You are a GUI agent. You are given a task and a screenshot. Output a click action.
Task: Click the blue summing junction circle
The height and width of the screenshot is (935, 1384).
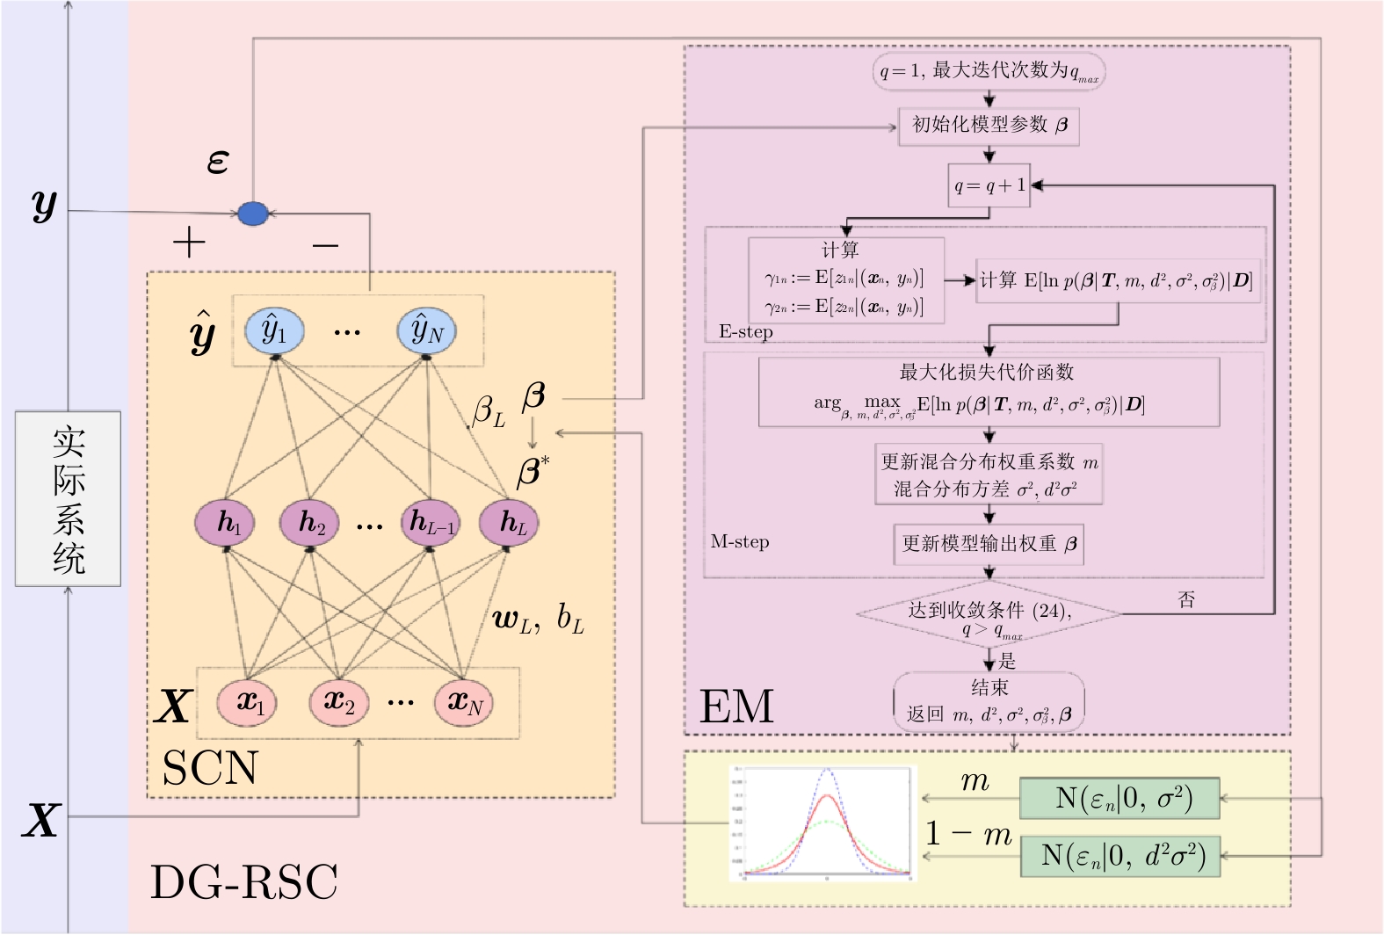(x=253, y=214)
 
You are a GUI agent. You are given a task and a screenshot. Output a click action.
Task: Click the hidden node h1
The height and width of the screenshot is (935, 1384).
(x=225, y=523)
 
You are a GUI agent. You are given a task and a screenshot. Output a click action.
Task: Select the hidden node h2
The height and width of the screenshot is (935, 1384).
(x=308, y=523)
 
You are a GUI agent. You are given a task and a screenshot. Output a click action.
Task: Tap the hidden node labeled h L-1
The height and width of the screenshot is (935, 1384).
(x=431, y=523)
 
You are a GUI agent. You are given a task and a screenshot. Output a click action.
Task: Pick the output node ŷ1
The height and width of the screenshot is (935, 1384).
(x=275, y=331)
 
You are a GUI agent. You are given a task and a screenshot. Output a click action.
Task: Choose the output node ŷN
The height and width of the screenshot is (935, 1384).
(x=427, y=331)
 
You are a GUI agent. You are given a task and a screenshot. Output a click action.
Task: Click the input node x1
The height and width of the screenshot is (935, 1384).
(x=247, y=703)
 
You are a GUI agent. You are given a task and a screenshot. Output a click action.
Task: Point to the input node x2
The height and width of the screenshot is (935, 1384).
(x=338, y=703)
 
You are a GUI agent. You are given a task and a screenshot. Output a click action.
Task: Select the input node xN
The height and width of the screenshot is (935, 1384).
(x=464, y=703)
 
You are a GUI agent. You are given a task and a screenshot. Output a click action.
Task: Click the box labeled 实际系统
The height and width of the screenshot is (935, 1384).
(x=68, y=498)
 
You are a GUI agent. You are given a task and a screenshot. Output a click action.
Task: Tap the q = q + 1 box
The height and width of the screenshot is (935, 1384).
(x=989, y=185)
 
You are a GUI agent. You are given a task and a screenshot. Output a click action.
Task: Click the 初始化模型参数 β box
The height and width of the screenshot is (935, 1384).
(x=989, y=126)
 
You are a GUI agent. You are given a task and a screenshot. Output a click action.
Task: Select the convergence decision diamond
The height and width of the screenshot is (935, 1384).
(x=989, y=614)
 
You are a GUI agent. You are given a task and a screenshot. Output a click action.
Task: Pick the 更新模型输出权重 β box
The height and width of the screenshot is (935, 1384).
(x=989, y=544)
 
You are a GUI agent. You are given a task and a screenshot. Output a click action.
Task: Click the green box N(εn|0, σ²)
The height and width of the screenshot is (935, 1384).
(x=1120, y=799)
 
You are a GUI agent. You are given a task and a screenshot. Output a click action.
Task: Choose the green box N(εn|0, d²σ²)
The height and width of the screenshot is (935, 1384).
(x=1120, y=856)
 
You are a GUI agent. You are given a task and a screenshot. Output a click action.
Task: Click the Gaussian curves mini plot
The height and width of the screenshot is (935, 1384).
(x=823, y=823)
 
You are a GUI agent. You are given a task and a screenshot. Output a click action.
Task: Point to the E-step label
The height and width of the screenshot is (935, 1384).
(x=745, y=332)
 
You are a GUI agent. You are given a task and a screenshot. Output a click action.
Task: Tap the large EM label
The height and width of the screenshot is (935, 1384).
(x=736, y=707)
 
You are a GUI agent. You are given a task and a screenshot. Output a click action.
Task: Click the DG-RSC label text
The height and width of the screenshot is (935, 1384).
(x=244, y=882)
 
